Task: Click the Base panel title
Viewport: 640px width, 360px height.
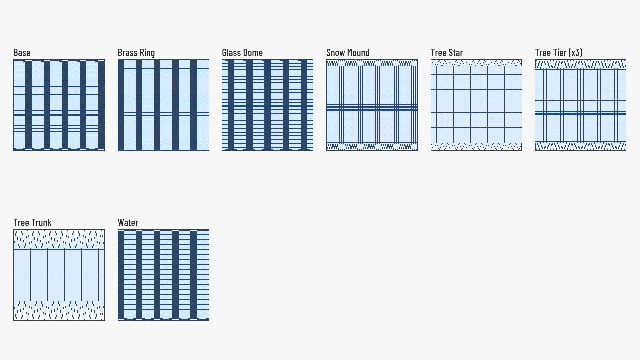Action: (x=22, y=53)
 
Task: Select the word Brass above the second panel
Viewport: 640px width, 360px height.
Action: (x=128, y=53)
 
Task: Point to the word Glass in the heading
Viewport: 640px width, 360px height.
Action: (x=232, y=53)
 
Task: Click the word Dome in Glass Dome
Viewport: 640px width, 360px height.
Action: (x=254, y=53)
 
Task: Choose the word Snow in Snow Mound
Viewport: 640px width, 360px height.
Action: (x=335, y=53)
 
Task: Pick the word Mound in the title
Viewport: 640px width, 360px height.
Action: (x=358, y=53)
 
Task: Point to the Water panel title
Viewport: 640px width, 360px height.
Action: (x=128, y=223)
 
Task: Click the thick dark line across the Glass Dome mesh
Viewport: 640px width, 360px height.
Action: (x=268, y=106)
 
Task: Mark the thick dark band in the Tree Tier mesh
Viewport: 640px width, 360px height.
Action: (x=581, y=113)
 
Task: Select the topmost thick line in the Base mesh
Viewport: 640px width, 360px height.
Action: (x=59, y=87)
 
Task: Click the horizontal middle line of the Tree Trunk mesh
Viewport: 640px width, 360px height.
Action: (x=59, y=275)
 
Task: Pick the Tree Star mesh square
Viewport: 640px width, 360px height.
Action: (x=476, y=105)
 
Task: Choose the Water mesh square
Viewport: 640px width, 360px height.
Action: (x=163, y=275)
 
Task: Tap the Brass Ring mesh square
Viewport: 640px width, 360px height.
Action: (x=163, y=105)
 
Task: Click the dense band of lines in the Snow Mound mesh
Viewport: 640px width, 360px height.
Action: (x=372, y=107)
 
